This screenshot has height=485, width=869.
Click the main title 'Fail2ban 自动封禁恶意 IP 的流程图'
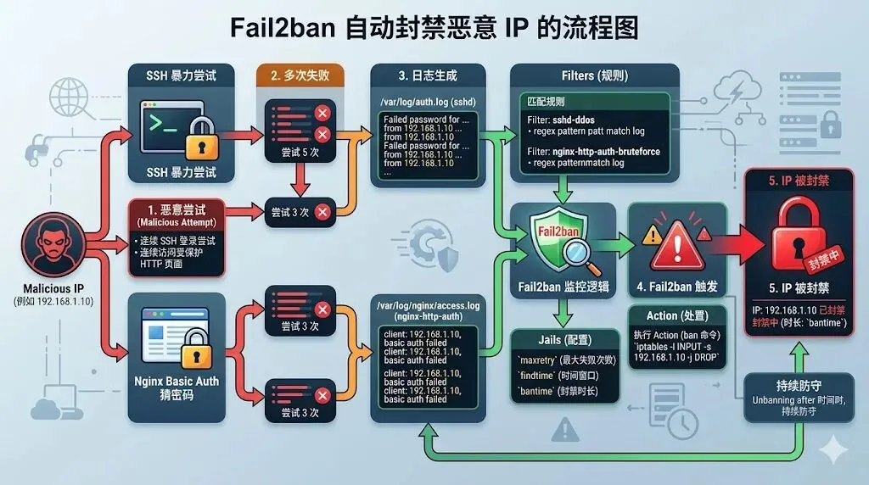click(x=434, y=27)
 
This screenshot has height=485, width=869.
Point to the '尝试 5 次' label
click(x=292, y=155)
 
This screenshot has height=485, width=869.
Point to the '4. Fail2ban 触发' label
click(x=673, y=287)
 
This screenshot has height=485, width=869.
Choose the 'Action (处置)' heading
click(x=673, y=315)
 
